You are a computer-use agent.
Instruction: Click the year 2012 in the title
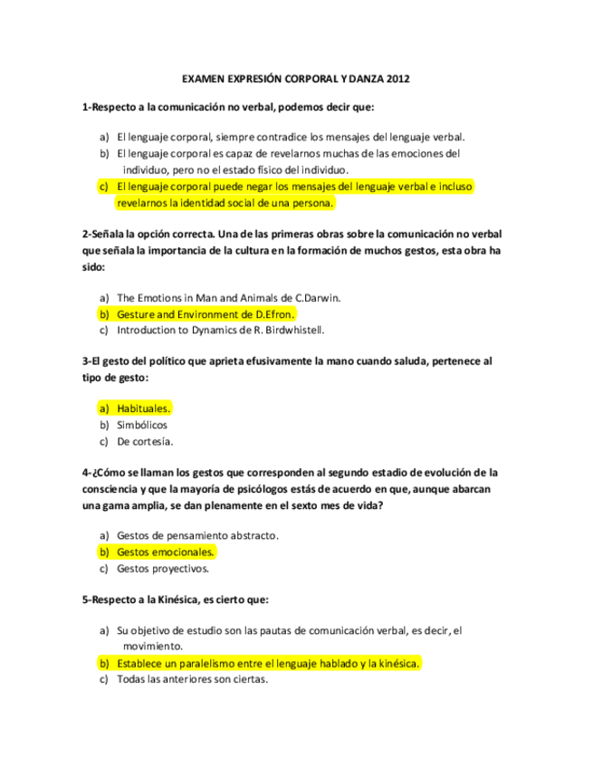(398, 80)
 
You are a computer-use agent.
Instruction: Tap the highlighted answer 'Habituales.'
(144, 408)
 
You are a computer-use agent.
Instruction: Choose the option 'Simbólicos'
(142, 425)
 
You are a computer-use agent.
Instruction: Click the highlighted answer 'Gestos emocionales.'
(167, 552)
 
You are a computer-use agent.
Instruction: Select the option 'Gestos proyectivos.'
(163, 569)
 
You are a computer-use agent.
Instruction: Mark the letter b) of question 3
(104, 425)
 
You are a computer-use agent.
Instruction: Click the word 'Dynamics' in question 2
(213, 330)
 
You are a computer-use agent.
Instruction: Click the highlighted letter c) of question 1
(104, 187)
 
